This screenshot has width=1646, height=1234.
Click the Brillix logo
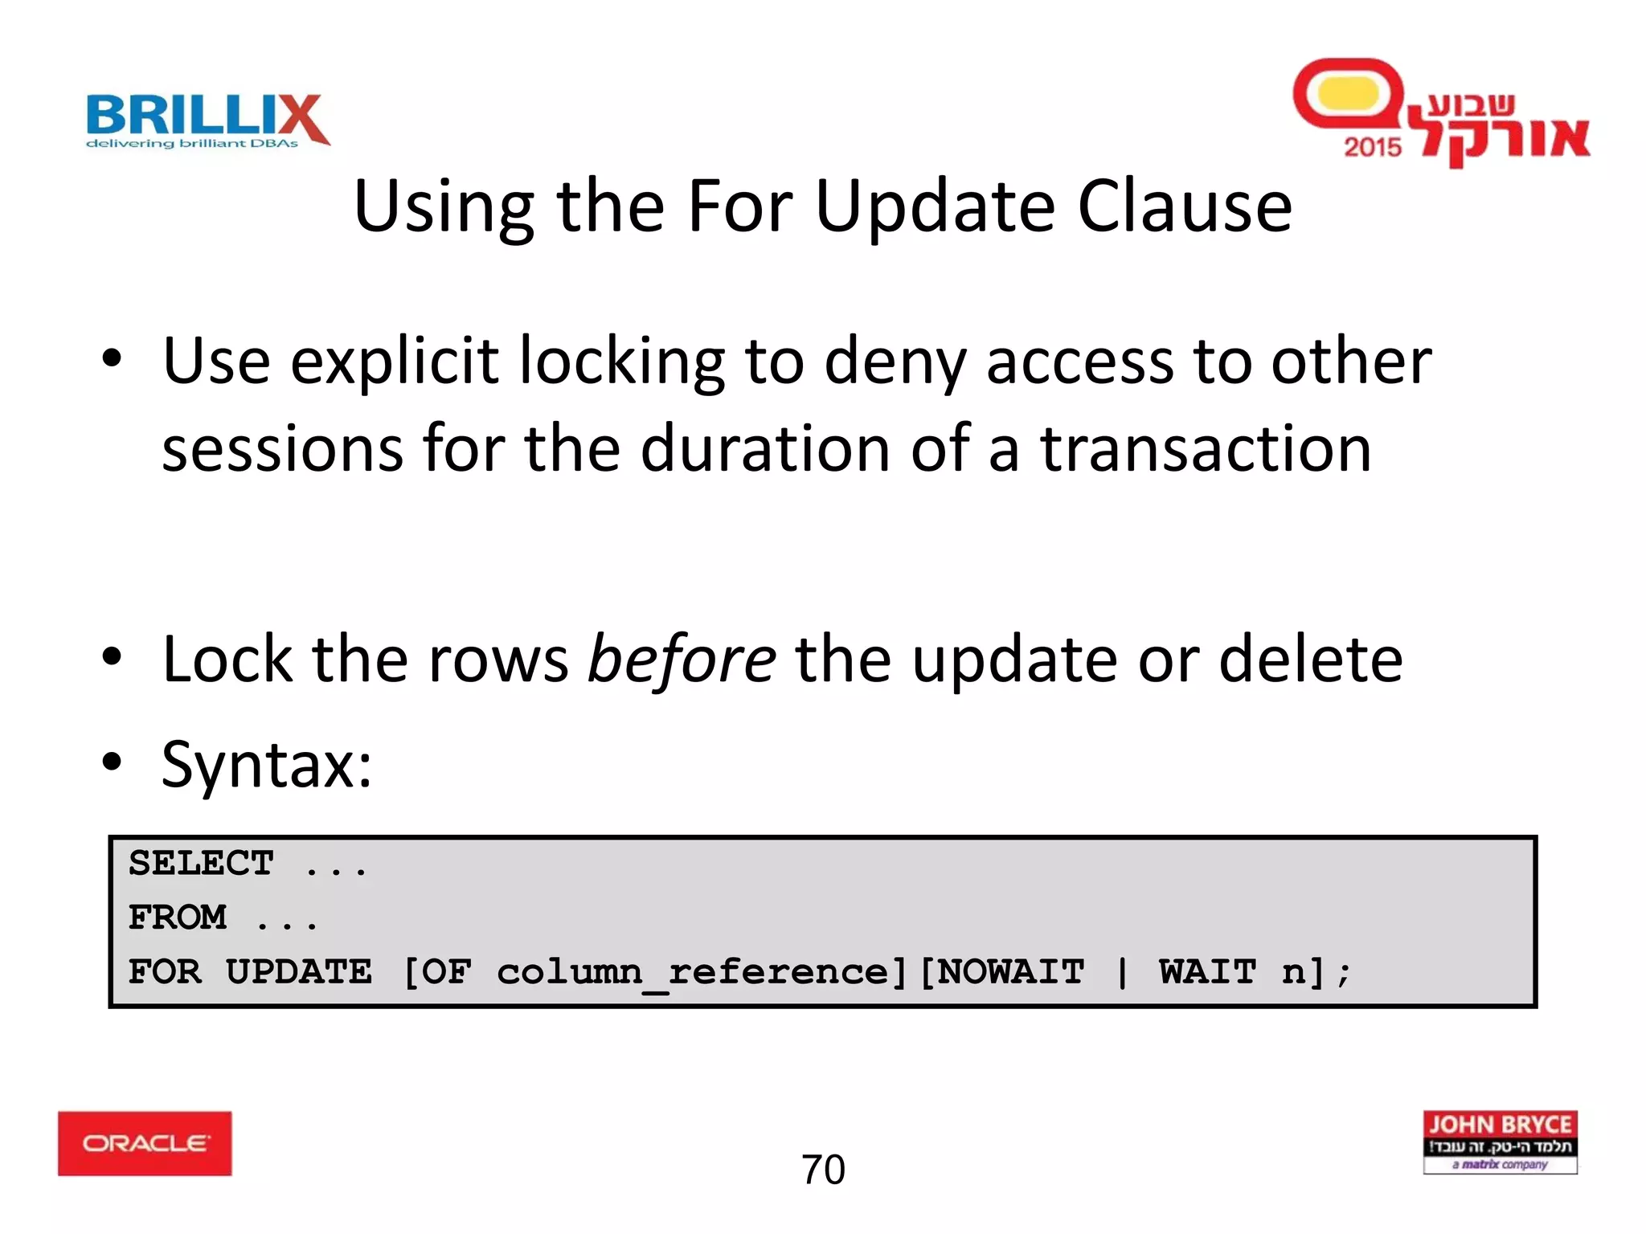(207, 121)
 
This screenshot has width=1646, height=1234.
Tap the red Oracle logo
(145, 1143)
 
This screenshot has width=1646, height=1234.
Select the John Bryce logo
(1500, 1142)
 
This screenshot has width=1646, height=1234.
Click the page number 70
(823, 1170)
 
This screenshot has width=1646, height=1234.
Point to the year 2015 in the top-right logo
(1372, 147)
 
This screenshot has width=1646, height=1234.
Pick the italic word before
(682, 659)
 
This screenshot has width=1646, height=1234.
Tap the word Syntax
(266, 764)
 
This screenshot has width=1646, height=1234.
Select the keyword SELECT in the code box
(201, 864)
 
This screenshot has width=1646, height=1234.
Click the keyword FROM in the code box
(178, 917)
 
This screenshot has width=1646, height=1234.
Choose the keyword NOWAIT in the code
(1011, 972)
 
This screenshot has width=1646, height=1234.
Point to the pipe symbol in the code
(1122, 973)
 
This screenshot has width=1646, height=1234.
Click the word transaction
(1206, 448)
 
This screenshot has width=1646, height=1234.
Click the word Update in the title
(935, 206)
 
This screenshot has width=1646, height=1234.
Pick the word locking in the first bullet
(621, 362)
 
